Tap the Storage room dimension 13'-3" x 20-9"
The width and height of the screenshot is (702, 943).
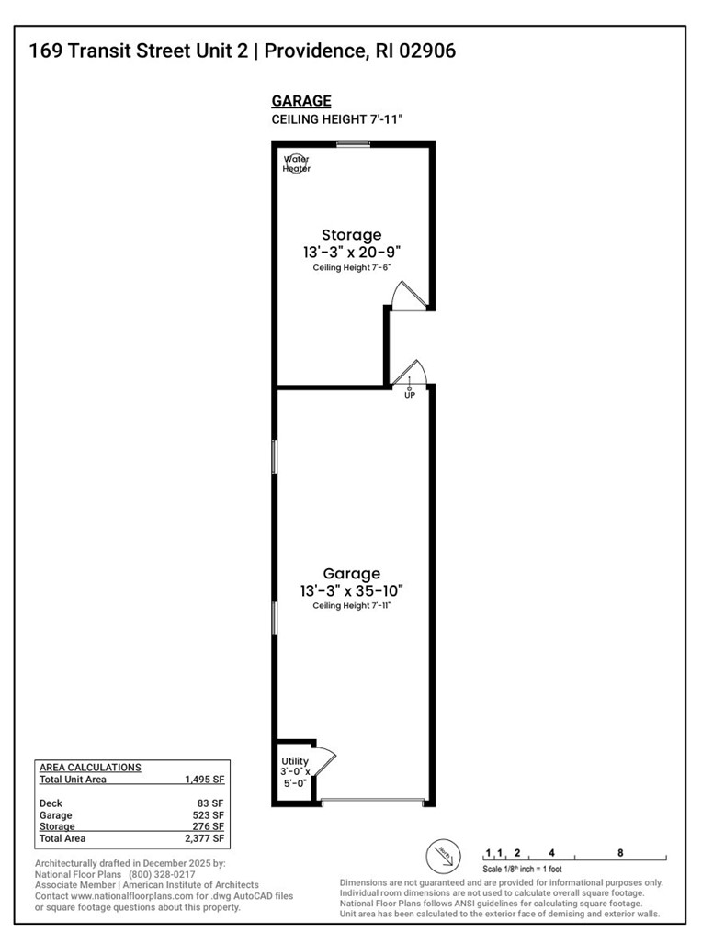click(351, 251)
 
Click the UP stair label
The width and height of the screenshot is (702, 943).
click(410, 395)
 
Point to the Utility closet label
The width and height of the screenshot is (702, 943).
click(294, 761)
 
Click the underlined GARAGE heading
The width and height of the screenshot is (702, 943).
click(301, 102)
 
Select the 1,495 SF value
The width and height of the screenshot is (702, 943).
click(205, 780)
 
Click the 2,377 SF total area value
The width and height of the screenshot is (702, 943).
click(205, 838)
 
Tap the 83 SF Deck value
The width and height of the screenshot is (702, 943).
click(213, 803)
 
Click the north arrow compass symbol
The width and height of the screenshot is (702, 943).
click(442, 856)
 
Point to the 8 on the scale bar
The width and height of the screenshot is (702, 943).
click(620, 853)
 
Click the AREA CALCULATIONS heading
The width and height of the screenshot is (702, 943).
click(90, 767)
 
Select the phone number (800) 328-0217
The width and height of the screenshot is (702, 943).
click(162, 874)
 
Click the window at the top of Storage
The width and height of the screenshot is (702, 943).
click(353, 143)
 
